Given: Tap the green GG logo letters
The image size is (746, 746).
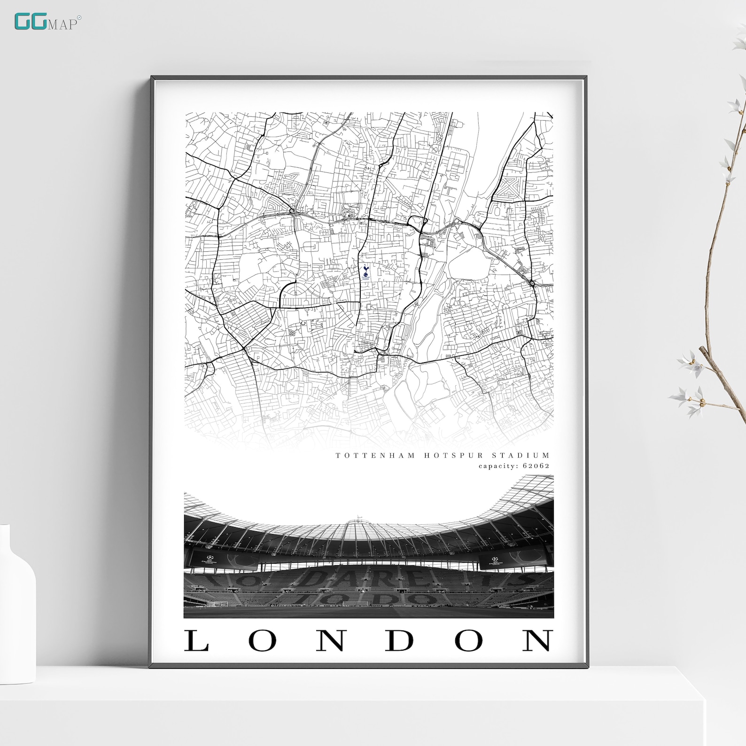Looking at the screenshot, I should pos(29,22).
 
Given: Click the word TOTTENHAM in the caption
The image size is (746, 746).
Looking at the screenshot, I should pos(375,455).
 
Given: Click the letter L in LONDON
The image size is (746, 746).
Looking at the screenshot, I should pos(196,640).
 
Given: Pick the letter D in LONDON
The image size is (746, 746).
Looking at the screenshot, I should pos(400,640).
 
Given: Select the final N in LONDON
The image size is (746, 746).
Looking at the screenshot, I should pos(538,640).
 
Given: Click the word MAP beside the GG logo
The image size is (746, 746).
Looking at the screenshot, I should pos(62,24).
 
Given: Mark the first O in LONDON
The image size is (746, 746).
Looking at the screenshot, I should pos(262,640).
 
